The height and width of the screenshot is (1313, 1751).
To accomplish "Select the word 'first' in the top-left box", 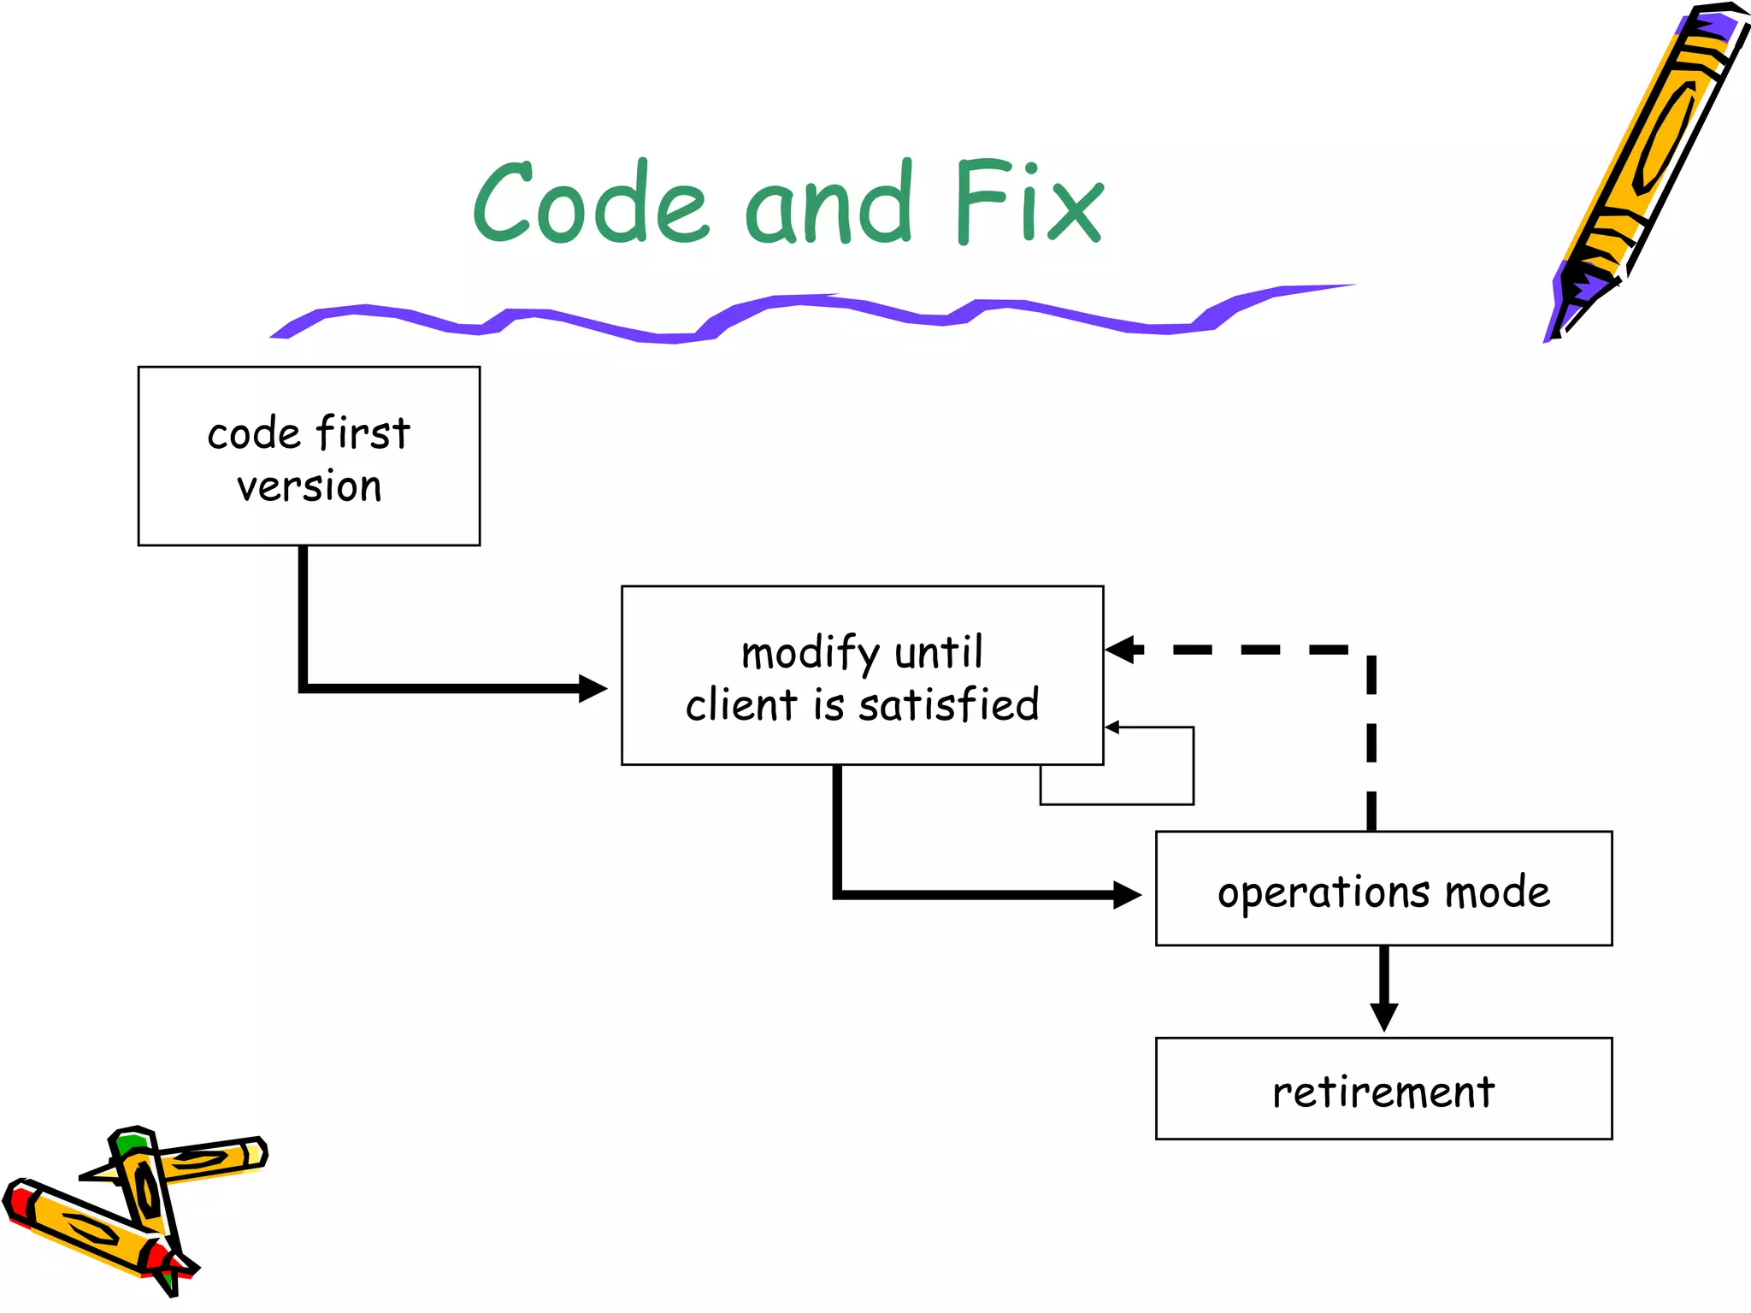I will [x=363, y=433].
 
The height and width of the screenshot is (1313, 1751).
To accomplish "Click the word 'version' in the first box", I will [x=309, y=487].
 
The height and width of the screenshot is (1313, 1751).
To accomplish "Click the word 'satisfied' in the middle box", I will [x=949, y=706].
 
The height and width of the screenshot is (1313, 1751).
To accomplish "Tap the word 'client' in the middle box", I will [x=741, y=706].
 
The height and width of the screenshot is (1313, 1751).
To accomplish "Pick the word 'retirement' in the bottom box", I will [x=1383, y=1092].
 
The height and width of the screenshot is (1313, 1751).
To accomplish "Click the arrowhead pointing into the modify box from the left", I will [x=593, y=688].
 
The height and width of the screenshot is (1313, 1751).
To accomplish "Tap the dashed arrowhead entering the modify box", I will [x=1122, y=650].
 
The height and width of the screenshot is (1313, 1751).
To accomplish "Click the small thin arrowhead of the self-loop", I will [x=1112, y=727].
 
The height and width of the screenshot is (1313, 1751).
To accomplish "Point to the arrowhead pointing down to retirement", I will [x=1383, y=1017].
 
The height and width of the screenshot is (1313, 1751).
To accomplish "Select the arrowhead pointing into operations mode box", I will [x=1127, y=895].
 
